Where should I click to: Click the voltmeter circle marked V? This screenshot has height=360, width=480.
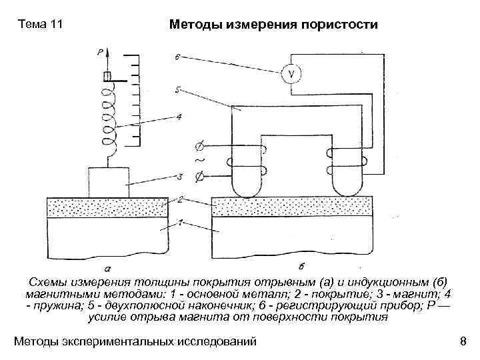290,73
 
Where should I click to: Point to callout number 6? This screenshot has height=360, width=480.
176,57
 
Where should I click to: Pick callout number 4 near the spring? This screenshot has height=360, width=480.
178,117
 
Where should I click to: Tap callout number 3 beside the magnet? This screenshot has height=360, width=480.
179,176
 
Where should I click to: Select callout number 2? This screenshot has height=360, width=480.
179,199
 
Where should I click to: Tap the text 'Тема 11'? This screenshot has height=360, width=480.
41,25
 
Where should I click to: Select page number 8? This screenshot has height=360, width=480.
463,342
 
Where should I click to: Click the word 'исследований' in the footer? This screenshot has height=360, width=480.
214,342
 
